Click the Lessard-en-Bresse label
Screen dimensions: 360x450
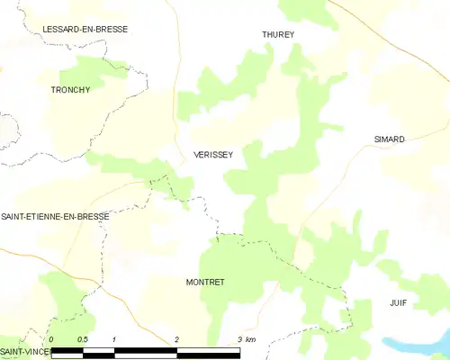pos(85,29)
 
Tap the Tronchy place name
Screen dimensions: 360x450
pos(69,90)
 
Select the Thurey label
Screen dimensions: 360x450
pos(278,34)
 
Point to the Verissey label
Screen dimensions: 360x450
pos(213,155)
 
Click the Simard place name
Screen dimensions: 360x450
pos(389,139)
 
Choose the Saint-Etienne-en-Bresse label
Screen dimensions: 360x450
pos(55,217)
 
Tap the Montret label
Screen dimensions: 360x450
pos(204,282)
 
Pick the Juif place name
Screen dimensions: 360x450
pos(399,303)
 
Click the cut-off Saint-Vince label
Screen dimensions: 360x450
pos(23,350)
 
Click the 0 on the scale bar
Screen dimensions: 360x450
pos(51,339)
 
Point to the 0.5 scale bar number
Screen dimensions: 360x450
pos(82,339)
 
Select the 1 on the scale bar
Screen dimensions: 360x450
pos(114,339)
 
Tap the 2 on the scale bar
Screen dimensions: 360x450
pos(176,339)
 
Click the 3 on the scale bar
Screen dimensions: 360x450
pos(239,339)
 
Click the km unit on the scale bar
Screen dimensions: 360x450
pos(251,339)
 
